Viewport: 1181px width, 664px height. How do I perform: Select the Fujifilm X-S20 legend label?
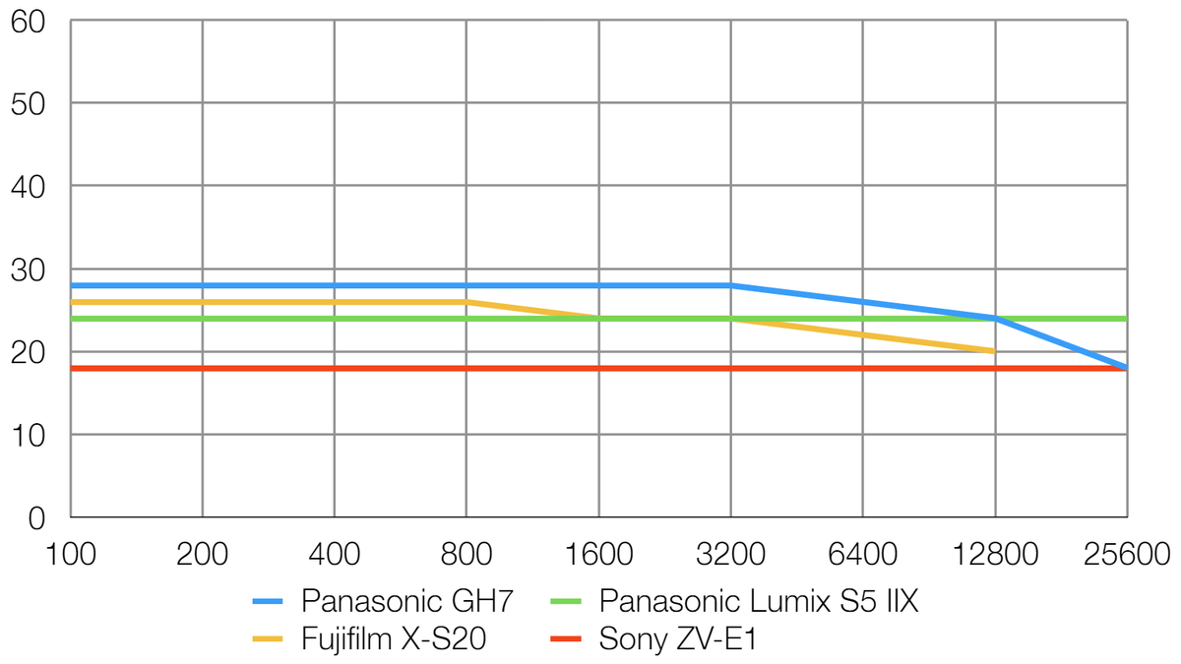point(394,639)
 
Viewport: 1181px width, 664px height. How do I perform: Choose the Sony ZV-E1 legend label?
point(678,639)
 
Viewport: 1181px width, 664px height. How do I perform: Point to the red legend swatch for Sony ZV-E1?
point(566,639)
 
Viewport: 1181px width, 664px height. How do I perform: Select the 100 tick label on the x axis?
point(71,554)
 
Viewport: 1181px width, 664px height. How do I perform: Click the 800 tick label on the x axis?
point(466,554)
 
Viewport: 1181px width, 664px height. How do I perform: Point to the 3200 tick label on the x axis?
point(730,554)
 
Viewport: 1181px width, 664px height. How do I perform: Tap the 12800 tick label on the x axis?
point(994,554)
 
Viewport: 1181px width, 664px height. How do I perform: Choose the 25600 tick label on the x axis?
point(1126,554)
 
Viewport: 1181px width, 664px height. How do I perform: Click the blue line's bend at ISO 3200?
point(730,285)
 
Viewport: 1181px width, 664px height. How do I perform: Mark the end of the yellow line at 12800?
point(994,351)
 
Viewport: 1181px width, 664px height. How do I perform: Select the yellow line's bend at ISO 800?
point(466,302)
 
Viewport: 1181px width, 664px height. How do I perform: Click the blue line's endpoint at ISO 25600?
point(1126,368)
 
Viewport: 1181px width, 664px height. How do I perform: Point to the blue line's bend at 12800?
point(994,319)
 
